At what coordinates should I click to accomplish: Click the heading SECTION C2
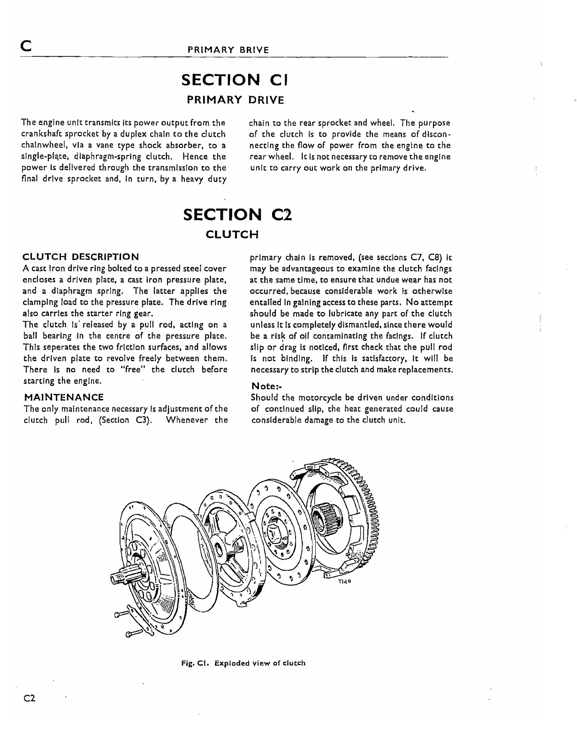click(237, 215)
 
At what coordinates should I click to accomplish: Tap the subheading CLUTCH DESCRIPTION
click(81, 257)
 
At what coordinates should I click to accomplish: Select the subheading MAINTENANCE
click(63, 397)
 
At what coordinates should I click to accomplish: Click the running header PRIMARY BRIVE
click(228, 50)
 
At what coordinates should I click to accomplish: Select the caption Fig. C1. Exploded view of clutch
click(243, 663)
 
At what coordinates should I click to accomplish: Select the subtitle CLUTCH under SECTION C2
click(232, 234)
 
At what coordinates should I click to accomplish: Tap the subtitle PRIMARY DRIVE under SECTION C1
click(235, 100)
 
